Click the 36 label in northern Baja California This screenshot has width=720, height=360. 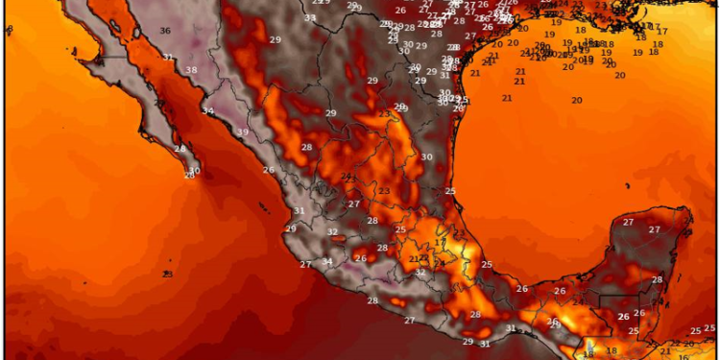coord(165,31)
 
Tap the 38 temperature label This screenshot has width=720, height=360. coord(191,70)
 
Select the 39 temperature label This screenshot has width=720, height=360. coord(243,132)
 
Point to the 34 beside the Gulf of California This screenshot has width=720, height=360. coord(208,111)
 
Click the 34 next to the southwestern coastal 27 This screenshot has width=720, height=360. coord(327,261)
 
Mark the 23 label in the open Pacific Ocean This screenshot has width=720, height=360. coord(167,275)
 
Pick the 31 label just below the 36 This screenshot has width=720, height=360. coord(168,58)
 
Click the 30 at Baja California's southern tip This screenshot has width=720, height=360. coord(194,171)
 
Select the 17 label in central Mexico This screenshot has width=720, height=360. coord(439,243)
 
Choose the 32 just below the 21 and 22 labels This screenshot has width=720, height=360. coord(420,273)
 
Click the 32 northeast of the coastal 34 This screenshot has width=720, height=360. coord(332,231)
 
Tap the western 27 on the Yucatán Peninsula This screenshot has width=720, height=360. coord(628,223)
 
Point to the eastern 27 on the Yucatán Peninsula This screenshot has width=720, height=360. coord(655,229)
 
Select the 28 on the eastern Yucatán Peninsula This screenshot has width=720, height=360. coord(658,279)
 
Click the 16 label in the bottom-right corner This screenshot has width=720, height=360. coord(589,352)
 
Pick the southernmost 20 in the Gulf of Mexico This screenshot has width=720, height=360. coord(577,100)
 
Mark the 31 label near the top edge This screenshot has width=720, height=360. coord(309,18)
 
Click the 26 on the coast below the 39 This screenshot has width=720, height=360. coord(269,170)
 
